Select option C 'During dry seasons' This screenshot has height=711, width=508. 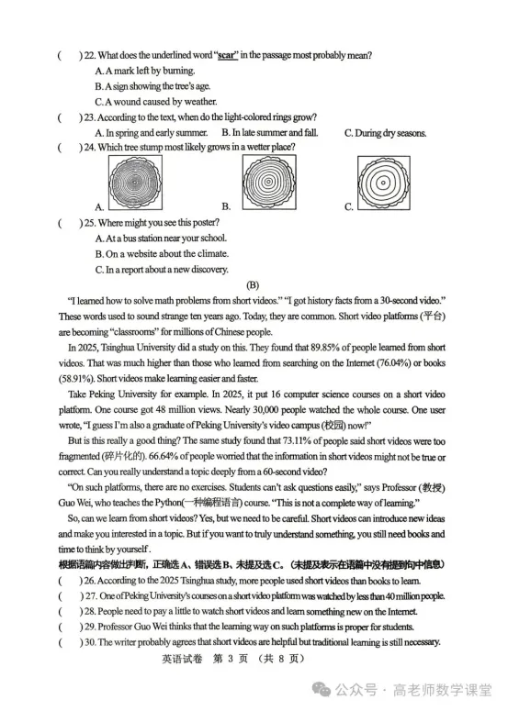(x=385, y=133)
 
